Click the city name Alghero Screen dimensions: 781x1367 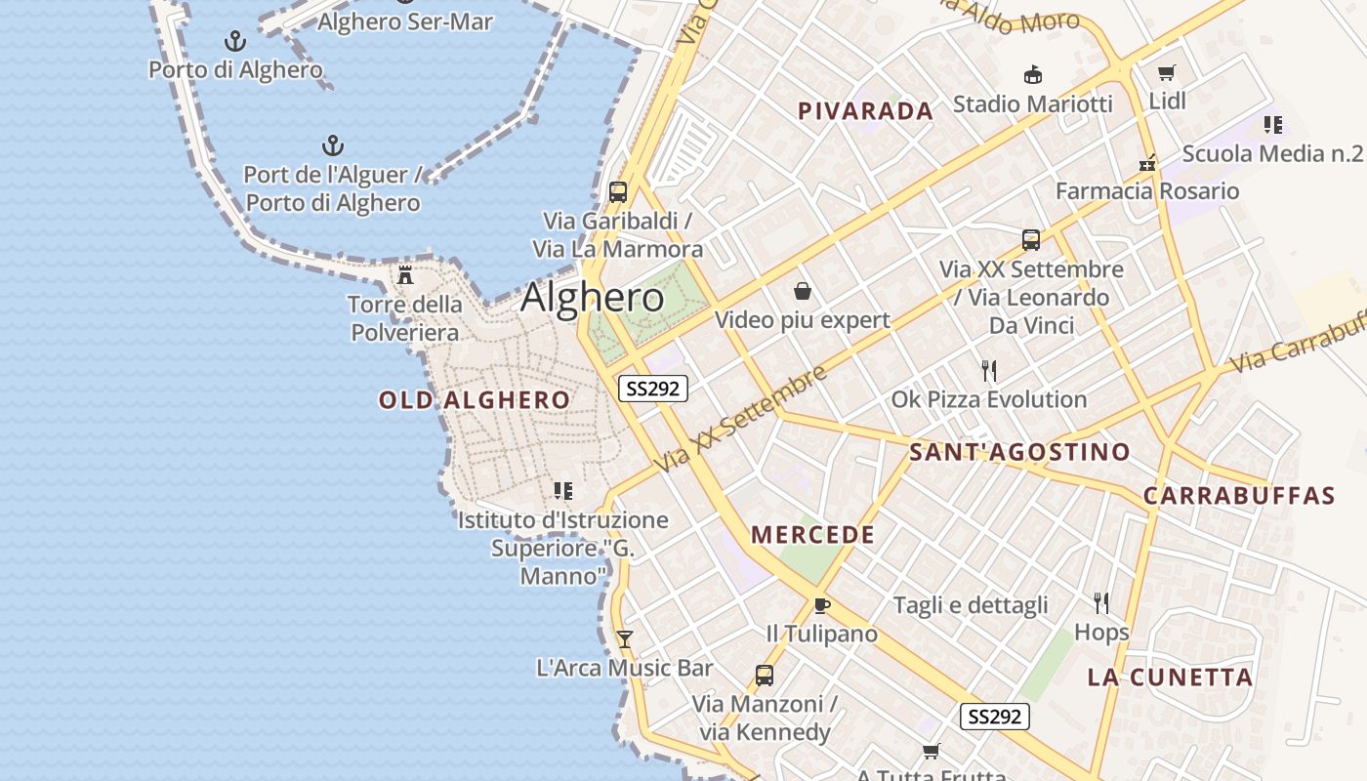[593, 298]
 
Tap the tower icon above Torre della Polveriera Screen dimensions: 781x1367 [405, 275]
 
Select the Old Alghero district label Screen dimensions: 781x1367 [475, 399]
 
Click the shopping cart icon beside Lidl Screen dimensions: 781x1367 [1166, 73]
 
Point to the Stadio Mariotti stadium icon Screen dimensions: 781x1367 [1032, 74]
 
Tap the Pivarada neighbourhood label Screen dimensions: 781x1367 [866, 111]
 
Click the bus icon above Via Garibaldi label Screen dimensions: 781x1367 [618, 191]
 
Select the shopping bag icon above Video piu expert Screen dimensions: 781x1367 [803, 291]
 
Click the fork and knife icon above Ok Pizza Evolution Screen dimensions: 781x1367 [989, 370]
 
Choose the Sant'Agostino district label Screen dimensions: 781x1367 [1019, 452]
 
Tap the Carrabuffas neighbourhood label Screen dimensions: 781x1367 [1239, 496]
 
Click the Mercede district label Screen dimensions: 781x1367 [813, 535]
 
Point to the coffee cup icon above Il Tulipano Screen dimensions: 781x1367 [822, 605]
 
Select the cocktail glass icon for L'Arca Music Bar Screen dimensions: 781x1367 [625, 639]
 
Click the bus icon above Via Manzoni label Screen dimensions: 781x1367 [765, 675]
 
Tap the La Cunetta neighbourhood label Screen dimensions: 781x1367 [1170, 678]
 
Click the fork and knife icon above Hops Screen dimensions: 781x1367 [1102, 602]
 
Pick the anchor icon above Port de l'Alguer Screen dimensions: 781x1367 [333, 146]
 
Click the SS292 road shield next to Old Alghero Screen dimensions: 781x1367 [653, 389]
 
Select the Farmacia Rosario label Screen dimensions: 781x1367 [1147, 191]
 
